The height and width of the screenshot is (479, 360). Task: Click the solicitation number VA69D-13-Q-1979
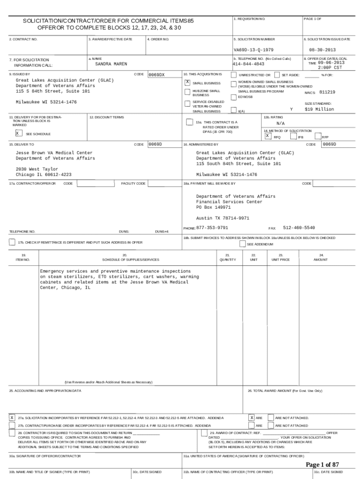[x=253, y=50]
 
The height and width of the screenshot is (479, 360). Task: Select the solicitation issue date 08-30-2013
[x=323, y=50]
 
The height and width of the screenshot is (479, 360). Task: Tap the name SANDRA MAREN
[x=111, y=64]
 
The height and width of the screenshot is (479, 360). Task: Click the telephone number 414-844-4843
[x=248, y=64]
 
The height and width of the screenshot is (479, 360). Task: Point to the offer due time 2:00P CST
[x=331, y=67]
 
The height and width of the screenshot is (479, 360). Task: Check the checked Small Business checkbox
[x=187, y=82]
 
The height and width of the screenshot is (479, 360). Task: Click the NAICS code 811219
[x=327, y=92]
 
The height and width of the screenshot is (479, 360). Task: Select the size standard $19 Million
[x=319, y=109]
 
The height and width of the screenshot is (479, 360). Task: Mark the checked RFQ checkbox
[x=267, y=136]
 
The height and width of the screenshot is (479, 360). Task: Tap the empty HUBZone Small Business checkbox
[x=187, y=92]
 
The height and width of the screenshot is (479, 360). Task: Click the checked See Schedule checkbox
[x=18, y=133]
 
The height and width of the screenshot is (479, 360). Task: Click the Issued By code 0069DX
[x=156, y=75]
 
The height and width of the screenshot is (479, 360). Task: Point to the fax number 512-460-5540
[x=299, y=228]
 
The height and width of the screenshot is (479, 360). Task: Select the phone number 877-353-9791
[x=212, y=228]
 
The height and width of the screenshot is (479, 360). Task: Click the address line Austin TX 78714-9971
[x=223, y=218]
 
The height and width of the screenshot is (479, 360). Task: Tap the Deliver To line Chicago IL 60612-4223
[x=43, y=174]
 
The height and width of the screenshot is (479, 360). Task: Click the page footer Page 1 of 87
[x=322, y=464]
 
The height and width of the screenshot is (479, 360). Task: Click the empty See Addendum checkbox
[x=242, y=244]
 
